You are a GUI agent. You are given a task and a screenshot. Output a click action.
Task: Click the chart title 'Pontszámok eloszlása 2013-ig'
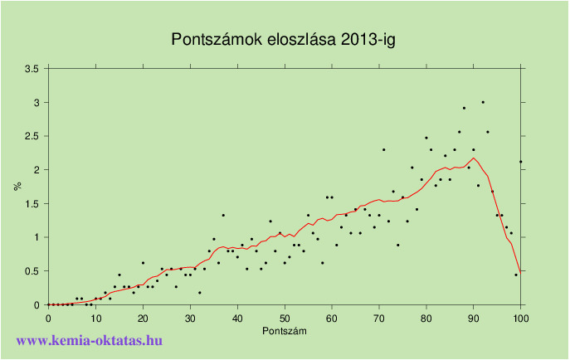tap(284, 40)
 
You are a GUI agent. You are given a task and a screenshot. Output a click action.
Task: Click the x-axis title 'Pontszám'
tap(285, 331)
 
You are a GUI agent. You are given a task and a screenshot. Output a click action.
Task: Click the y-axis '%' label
tap(17, 186)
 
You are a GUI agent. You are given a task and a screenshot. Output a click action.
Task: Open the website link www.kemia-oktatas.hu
tap(90, 340)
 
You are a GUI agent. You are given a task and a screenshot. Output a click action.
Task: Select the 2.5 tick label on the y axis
tap(32, 136)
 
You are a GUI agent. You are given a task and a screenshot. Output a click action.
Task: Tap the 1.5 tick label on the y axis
tap(32, 203)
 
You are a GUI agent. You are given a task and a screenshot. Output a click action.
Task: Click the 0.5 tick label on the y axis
tap(32, 271)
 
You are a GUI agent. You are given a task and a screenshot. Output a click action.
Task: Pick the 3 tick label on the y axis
tap(36, 102)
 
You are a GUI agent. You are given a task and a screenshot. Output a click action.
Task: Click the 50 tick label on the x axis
tap(285, 318)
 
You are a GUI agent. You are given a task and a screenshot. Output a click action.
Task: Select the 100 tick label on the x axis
tap(521, 318)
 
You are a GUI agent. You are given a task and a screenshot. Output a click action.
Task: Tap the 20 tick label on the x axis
tap(143, 318)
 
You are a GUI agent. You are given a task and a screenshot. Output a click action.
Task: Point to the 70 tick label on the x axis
tap(379, 318)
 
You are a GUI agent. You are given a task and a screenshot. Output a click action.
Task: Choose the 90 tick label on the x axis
tap(474, 318)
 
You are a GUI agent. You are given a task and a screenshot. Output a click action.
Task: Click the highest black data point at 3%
tap(483, 102)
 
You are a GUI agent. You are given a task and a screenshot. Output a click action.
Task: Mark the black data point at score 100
tap(521, 161)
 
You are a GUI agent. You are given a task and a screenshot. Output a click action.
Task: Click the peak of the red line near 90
tap(474, 158)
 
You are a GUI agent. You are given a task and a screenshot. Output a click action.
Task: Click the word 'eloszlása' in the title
tap(294, 40)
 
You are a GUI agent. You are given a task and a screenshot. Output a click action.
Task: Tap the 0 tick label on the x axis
tap(48, 318)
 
